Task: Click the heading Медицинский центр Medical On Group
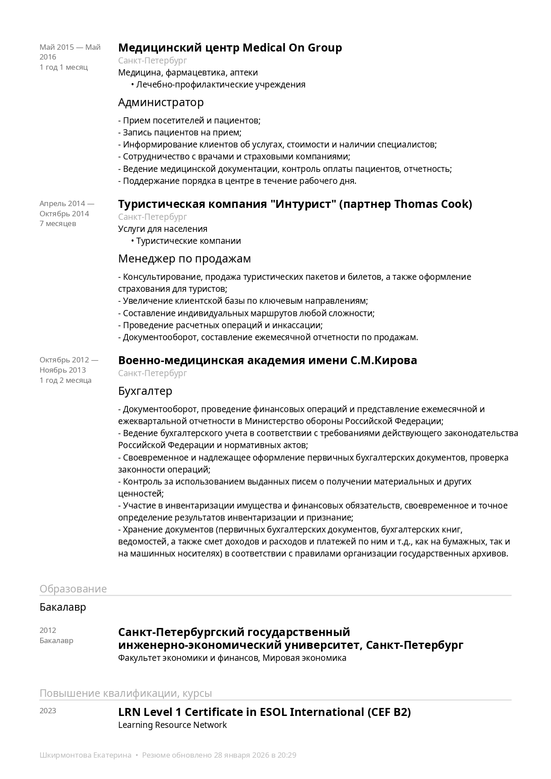(x=230, y=48)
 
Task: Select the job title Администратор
(x=161, y=102)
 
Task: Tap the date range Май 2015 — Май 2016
(x=70, y=52)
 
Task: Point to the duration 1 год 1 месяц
(x=63, y=67)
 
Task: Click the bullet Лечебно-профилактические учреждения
(x=221, y=84)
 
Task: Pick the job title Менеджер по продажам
(x=184, y=258)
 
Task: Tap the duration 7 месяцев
(x=58, y=223)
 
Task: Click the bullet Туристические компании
(x=188, y=241)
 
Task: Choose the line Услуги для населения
(x=163, y=229)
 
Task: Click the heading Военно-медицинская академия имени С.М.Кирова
(x=267, y=360)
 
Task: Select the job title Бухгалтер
(x=145, y=391)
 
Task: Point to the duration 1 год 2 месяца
(x=65, y=380)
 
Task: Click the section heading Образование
(x=73, y=588)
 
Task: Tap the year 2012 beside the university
(x=48, y=630)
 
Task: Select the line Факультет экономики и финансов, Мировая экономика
(x=232, y=658)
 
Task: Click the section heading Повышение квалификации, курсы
(x=126, y=693)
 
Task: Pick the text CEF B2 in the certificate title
(x=389, y=712)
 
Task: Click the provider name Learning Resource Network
(x=172, y=725)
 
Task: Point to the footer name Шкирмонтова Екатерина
(x=85, y=755)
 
